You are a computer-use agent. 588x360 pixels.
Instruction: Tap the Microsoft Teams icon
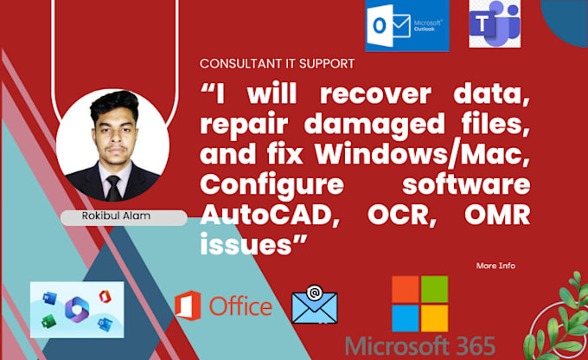coord(495,23)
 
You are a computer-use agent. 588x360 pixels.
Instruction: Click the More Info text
coord(495,266)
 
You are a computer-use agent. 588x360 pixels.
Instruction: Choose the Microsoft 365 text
coord(419,345)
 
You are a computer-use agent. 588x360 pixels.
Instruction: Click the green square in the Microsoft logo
coord(434,290)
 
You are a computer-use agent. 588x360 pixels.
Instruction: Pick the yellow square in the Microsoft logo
coord(434,317)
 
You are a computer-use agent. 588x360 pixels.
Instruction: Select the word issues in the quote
coord(240,240)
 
